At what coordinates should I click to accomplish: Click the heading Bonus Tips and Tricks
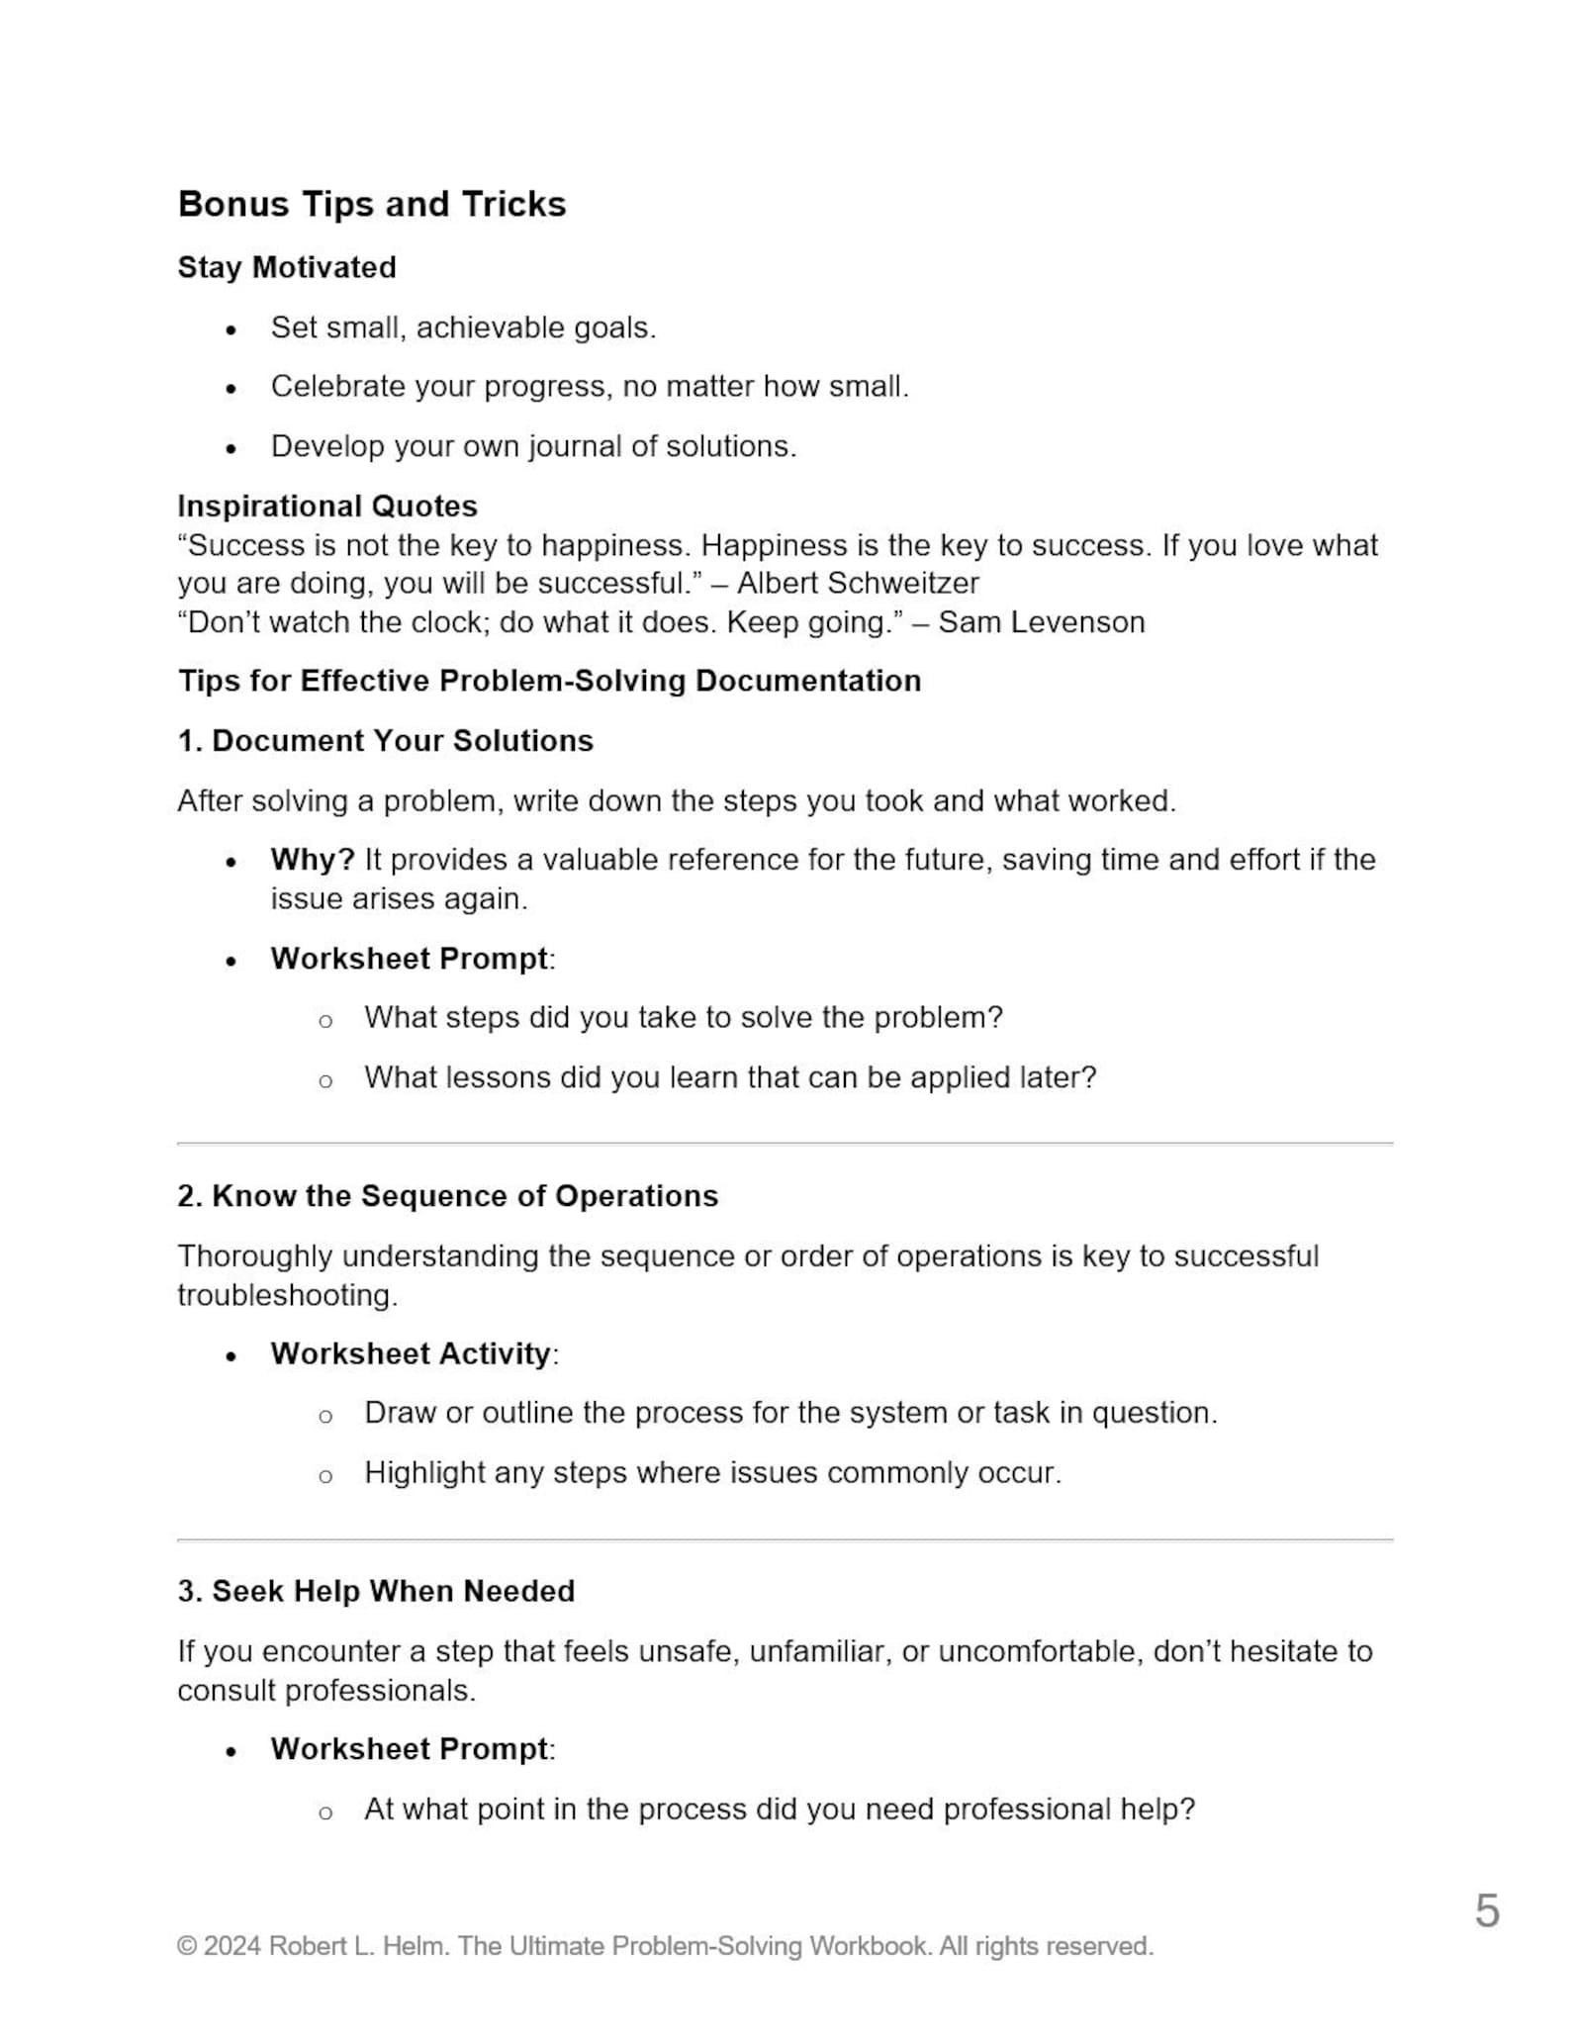(371, 204)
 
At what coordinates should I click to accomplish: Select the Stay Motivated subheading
(287, 267)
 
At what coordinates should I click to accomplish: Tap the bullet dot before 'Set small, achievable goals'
(231, 330)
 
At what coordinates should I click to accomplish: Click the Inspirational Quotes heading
(327, 506)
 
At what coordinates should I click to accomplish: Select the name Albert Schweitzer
(858, 583)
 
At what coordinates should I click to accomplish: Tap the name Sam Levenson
(1041, 622)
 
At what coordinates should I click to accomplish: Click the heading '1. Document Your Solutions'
(385, 740)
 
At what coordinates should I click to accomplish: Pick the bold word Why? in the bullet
(312, 859)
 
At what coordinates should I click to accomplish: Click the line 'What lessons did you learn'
(730, 1076)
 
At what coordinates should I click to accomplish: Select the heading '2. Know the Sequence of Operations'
(447, 1195)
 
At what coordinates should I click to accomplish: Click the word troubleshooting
(286, 1294)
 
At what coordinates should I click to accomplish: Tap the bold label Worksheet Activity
(411, 1352)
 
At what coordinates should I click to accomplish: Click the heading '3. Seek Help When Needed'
(376, 1591)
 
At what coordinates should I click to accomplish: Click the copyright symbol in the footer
(186, 1946)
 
